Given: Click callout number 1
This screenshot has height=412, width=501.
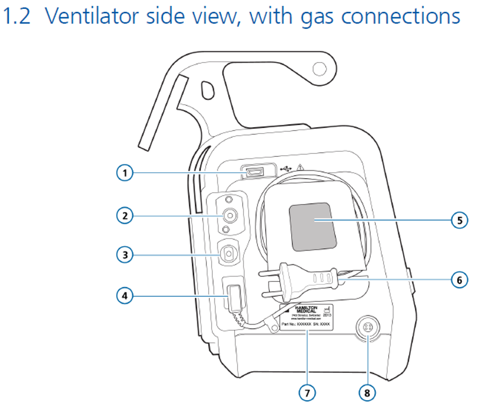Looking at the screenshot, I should point(124,173).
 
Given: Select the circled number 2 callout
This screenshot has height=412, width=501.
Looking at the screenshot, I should point(124,215).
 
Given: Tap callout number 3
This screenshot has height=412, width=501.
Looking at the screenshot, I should point(124,255).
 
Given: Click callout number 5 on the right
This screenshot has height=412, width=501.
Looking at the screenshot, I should point(459,220).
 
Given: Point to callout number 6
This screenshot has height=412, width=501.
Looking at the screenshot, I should point(459,279).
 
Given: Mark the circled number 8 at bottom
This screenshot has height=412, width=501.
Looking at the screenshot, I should point(368,392).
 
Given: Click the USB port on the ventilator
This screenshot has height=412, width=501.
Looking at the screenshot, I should point(257,172).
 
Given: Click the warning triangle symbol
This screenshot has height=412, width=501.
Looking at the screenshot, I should point(301,168).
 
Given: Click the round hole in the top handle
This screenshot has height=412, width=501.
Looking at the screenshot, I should point(320,70).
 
